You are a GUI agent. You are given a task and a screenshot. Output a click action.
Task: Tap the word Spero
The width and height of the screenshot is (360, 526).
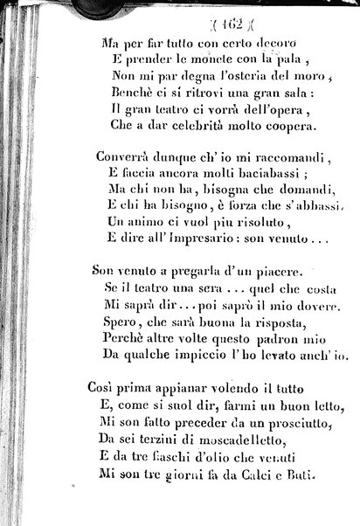117,322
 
